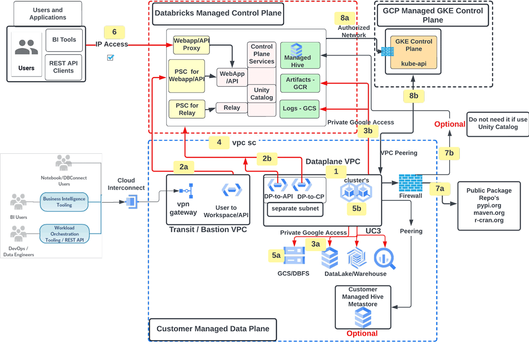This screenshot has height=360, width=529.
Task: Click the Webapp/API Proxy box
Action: [x=192, y=45]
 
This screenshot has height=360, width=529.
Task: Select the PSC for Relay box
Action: [x=187, y=109]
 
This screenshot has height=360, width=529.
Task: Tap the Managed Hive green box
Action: [x=300, y=55]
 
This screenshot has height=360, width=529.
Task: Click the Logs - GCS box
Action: [x=300, y=108]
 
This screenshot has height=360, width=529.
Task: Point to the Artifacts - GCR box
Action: [x=300, y=83]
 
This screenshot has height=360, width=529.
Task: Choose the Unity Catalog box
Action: [x=261, y=94]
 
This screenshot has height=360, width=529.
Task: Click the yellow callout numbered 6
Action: [x=114, y=32]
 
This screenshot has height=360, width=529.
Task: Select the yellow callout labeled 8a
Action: [x=345, y=18]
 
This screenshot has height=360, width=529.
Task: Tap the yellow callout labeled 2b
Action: [x=267, y=159]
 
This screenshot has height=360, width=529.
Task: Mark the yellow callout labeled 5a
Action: [x=276, y=255]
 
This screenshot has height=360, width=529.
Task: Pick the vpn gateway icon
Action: [x=184, y=191]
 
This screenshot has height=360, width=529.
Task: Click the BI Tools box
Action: [x=64, y=40]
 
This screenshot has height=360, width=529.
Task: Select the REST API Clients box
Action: [x=63, y=67]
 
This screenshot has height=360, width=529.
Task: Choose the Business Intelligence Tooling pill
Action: [x=64, y=202]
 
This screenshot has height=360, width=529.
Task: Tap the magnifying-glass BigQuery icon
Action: [x=385, y=258]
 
